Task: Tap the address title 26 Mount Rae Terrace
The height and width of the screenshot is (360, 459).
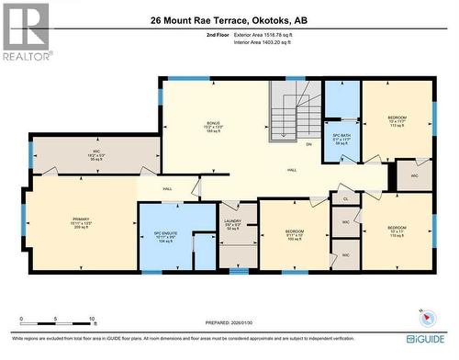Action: point(229,17)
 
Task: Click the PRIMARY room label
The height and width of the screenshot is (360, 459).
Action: point(82,221)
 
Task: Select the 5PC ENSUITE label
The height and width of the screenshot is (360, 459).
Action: point(165,235)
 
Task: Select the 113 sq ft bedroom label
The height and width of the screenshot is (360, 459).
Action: point(397,120)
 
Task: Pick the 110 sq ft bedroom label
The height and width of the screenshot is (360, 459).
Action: point(397,230)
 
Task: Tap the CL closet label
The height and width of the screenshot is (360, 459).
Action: point(345,198)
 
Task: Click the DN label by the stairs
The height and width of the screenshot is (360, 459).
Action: point(308,145)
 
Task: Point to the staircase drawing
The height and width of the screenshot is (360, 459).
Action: point(294,117)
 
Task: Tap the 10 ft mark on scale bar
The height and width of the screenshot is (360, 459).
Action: point(92,320)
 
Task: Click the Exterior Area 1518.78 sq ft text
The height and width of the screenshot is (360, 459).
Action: point(269,34)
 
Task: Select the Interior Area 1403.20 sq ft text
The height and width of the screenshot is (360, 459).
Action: point(269,42)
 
